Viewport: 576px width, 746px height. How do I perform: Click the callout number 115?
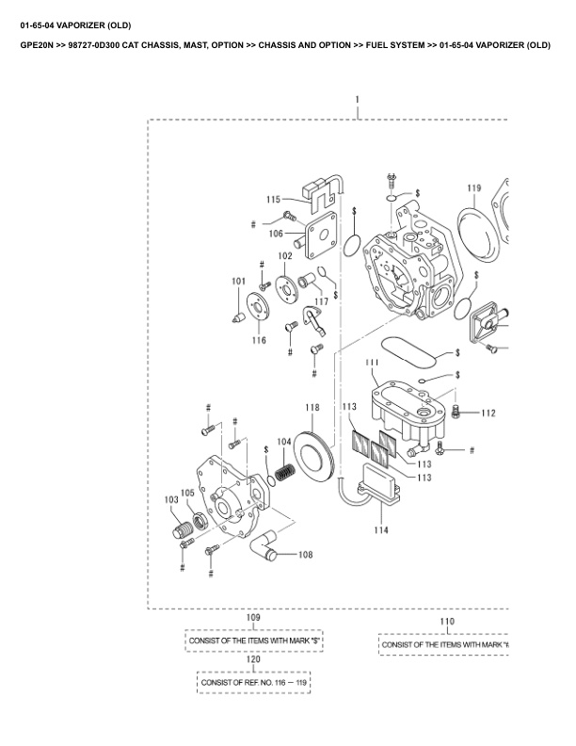click(273, 199)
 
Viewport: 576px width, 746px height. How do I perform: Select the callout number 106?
click(276, 233)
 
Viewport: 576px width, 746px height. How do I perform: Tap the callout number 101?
click(239, 281)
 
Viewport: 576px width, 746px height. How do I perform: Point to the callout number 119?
click(473, 188)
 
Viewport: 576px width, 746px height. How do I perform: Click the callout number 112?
click(488, 413)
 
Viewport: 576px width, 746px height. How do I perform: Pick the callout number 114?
click(380, 530)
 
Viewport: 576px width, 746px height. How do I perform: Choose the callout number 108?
click(306, 555)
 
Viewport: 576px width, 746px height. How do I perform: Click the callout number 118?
click(312, 408)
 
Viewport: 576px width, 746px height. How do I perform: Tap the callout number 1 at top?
click(358, 99)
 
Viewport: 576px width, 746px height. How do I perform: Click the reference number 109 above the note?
click(253, 617)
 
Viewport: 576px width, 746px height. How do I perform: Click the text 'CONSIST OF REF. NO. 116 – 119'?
click(253, 681)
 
